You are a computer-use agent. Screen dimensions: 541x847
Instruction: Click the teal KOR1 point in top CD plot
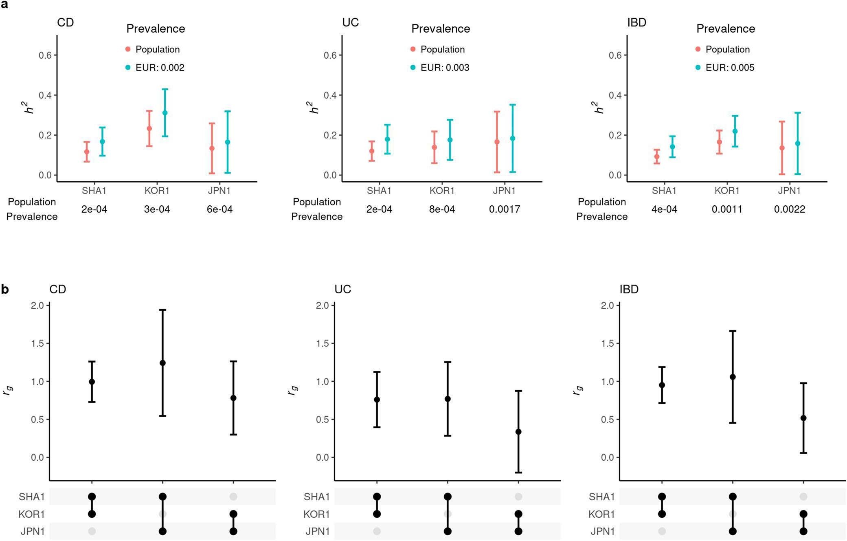pos(165,113)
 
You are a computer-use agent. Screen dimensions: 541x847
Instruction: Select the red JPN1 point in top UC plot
pos(497,142)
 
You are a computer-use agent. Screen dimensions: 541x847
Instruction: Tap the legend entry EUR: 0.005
pos(729,68)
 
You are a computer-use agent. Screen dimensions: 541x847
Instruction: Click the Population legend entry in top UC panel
pos(442,49)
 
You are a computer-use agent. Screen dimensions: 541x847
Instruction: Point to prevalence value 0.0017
pos(505,209)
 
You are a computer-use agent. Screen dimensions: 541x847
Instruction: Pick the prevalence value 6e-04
pos(219,209)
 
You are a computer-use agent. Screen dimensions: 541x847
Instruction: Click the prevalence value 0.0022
pos(790,209)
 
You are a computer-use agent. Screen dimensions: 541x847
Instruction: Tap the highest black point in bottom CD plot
pos(162,363)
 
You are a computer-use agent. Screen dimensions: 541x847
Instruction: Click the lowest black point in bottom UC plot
pos(518,432)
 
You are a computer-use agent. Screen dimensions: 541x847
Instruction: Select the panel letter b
pos(5,289)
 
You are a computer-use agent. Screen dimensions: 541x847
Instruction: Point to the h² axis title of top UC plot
pos(313,108)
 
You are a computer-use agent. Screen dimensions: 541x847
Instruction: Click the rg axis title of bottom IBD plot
pos(577,390)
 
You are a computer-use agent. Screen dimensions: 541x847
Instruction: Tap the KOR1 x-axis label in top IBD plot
pos(727,191)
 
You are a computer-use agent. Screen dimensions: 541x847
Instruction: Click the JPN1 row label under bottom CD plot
pos(33,531)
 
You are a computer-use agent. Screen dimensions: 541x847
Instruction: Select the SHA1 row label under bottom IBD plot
pos(602,497)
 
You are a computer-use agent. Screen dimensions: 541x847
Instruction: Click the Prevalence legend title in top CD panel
pos(156,29)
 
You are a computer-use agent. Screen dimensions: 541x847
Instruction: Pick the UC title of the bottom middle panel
pos(342,289)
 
